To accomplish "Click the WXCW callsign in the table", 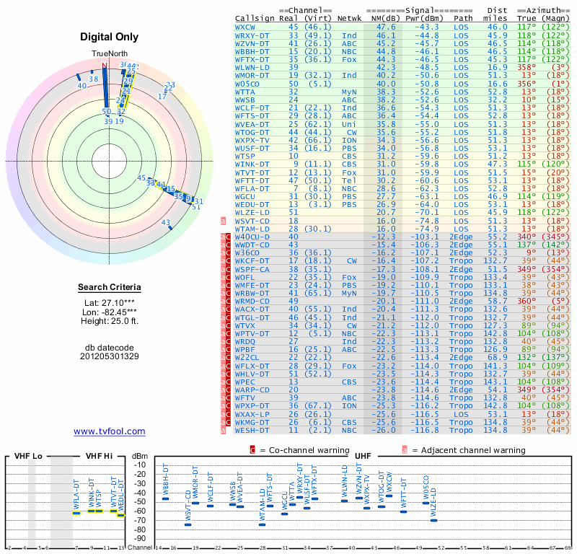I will pyautogui.click(x=247, y=27).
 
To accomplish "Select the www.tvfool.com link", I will pyautogui.click(x=110, y=431).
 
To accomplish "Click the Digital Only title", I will pyautogui.click(x=110, y=37).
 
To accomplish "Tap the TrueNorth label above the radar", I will pyautogui.click(x=110, y=54).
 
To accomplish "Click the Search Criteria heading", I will pyautogui.click(x=110, y=288).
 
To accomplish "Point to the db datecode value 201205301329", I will pyautogui.click(x=110, y=356).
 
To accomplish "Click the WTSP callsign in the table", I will pyautogui.click(x=245, y=156).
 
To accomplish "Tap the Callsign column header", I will pyautogui.click(x=256, y=18).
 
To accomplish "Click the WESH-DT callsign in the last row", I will pyautogui.click(x=252, y=431).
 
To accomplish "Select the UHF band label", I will pyautogui.click(x=364, y=456).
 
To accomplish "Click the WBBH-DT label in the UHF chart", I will pyautogui.click(x=166, y=480).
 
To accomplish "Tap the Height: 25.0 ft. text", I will pyautogui.click(x=110, y=321).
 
